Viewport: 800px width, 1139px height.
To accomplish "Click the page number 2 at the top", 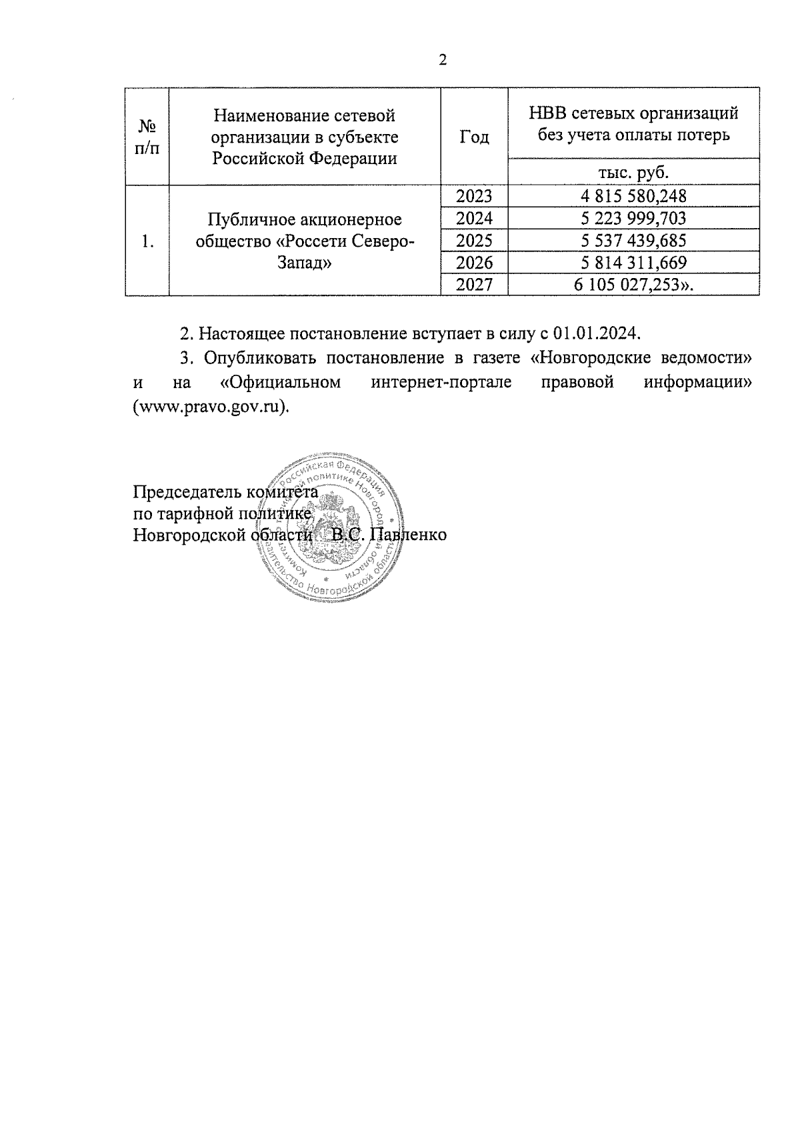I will click(x=443, y=61).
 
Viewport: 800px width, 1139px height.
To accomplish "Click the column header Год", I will click(x=474, y=137).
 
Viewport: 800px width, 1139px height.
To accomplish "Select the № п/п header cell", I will click(x=147, y=137).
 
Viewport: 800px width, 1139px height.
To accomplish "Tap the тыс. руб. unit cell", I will click(x=633, y=172).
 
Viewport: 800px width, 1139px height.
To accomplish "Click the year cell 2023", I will click(x=474, y=196).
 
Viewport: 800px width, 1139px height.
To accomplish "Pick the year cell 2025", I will click(x=474, y=240).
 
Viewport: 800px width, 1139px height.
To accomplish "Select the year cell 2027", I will click(x=474, y=284).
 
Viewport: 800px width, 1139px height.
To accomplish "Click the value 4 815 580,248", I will click(x=633, y=196).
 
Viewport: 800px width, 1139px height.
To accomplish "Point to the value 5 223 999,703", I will click(x=633, y=218).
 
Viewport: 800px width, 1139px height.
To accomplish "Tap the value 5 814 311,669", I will click(x=633, y=262).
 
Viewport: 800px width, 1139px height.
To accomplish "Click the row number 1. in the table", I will click(x=148, y=241).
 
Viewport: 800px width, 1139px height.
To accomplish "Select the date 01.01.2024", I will click(x=596, y=333).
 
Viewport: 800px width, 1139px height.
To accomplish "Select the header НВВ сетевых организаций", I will click(x=633, y=113).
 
